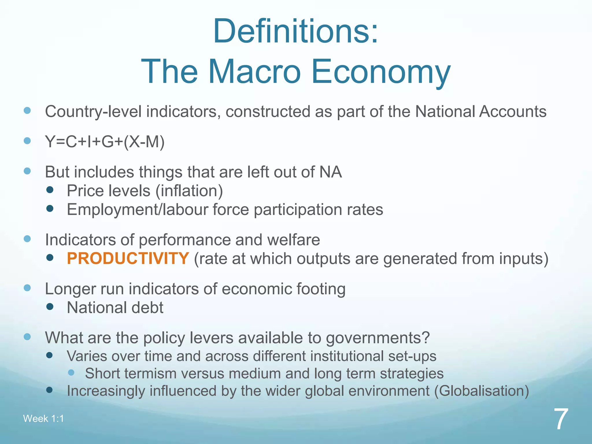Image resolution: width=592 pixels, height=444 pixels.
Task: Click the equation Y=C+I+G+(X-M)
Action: [105, 142]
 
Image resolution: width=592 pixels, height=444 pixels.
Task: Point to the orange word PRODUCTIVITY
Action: [128, 258]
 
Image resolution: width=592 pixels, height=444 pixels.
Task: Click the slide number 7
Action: [561, 419]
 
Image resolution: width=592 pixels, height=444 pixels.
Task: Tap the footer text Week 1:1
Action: [43, 419]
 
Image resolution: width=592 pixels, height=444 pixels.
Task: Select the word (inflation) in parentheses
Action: [189, 191]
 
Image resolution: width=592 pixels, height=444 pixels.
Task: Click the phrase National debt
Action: [115, 308]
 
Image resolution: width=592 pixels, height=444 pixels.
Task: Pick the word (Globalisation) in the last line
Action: [482, 391]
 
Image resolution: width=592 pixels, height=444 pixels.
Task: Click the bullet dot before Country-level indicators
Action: [27, 111]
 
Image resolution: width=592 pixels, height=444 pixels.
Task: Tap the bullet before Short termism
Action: [71, 373]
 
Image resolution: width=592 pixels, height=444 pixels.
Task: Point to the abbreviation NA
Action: [330, 172]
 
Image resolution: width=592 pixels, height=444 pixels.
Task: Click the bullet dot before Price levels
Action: [50, 190]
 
